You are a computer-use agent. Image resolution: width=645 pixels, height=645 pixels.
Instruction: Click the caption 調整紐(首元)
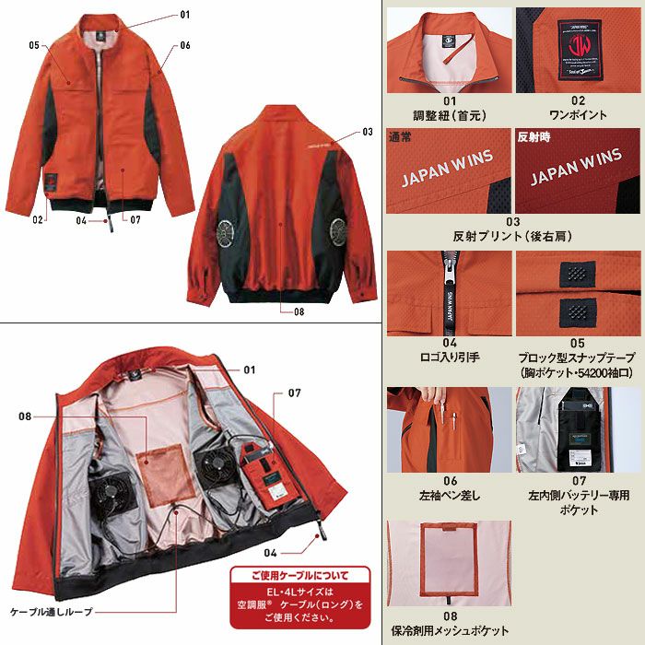pyautogui.click(x=451, y=115)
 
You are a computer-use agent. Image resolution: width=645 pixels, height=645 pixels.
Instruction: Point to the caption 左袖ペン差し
pyautogui.click(x=451, y=495)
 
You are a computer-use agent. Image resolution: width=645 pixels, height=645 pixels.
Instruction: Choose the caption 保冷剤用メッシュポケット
pyautogui.click(x=451, y=630)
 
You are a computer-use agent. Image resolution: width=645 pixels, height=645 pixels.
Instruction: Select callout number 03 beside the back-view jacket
pyautogui.click(x=366, y=131)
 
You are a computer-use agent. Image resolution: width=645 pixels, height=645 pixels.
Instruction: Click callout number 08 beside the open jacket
pyautogui.click(x=26, y=416)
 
